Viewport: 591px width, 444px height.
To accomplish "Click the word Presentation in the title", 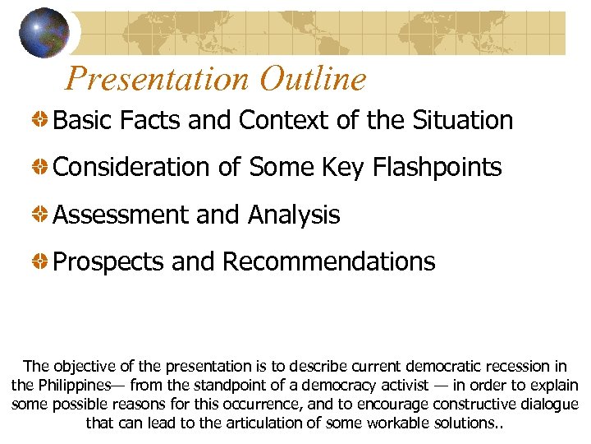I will pos(157,79).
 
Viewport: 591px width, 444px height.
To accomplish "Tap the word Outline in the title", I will pos(313,79).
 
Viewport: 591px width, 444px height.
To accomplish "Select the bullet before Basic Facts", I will pos(39,121).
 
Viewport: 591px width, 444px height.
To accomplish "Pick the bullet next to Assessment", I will pos(39,215).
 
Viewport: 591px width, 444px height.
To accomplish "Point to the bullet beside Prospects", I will pos(39,262).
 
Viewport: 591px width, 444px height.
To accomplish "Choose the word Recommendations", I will pos(328,262).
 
